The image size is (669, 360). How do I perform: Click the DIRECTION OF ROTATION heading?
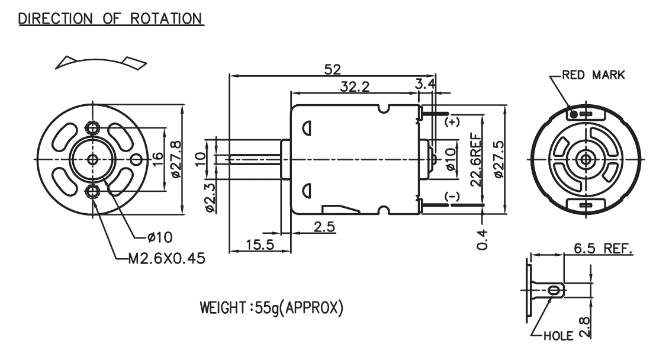111,19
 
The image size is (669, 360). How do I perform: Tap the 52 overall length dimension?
332,69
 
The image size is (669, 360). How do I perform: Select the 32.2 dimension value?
355,86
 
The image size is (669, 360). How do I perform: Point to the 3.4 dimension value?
426,83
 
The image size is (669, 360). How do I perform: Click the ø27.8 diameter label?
176,159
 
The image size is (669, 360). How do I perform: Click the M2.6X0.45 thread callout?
167,259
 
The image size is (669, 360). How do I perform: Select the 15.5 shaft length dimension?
260,245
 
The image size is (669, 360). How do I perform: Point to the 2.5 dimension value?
324,227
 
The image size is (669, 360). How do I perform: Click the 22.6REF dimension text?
476,160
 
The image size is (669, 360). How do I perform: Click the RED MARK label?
593,75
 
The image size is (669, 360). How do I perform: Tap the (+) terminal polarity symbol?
452,122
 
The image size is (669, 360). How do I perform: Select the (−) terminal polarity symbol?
452,196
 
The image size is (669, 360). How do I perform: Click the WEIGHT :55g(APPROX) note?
272,307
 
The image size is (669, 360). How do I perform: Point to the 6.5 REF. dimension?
603,248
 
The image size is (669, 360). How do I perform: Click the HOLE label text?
558,336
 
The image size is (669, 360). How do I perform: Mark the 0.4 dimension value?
482,239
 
